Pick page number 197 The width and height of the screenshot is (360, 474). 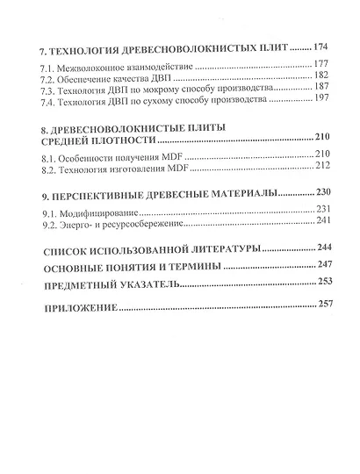323,101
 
